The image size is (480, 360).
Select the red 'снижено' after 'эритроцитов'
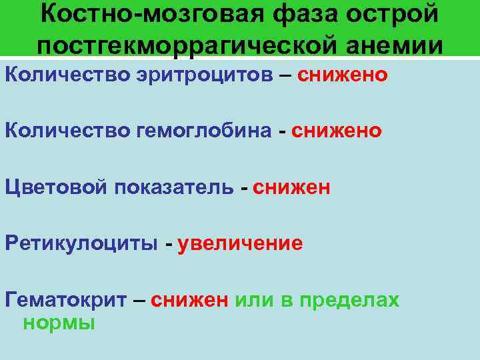pos(342,75)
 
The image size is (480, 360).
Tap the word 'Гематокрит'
pos(66,300)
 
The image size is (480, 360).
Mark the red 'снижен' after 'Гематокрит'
pos(190,300)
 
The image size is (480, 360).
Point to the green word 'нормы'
pos(59,323)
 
